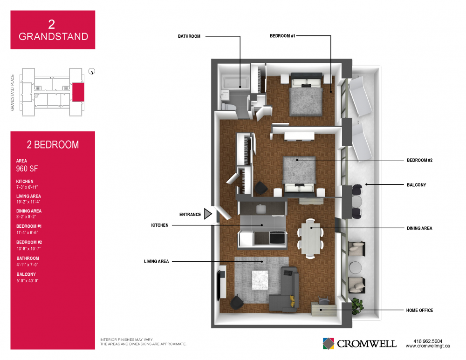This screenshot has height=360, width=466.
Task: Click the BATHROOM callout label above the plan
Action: pos(189,36)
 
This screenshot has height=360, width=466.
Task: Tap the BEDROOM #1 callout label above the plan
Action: pos(282,36)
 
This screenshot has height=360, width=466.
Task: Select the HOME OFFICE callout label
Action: pos(419,310)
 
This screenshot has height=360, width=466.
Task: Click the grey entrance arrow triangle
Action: pos(208,214)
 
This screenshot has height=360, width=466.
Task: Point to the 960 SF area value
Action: pos(27,169)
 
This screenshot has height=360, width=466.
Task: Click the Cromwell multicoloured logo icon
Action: pos(329,344)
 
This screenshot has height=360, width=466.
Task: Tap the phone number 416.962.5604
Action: pos(428,341)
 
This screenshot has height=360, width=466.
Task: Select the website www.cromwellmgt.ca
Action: pos(428,346)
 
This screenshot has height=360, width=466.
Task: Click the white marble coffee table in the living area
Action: pos(260,280)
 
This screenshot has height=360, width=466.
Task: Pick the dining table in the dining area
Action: pos(310,238)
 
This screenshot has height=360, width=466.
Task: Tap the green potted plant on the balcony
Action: pos(357,306)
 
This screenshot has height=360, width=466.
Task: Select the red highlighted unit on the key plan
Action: pos(78,92)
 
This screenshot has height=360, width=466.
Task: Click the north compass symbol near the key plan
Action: pos(92,71)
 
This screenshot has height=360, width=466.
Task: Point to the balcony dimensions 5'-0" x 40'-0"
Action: pos(27,281)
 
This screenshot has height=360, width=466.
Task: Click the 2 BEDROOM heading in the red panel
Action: pos(53,145)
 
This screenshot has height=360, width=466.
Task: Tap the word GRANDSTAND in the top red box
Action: pos(54,36)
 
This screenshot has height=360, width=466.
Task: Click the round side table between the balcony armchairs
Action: pos(356,267)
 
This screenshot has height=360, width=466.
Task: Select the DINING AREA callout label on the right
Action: pos(419,228)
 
